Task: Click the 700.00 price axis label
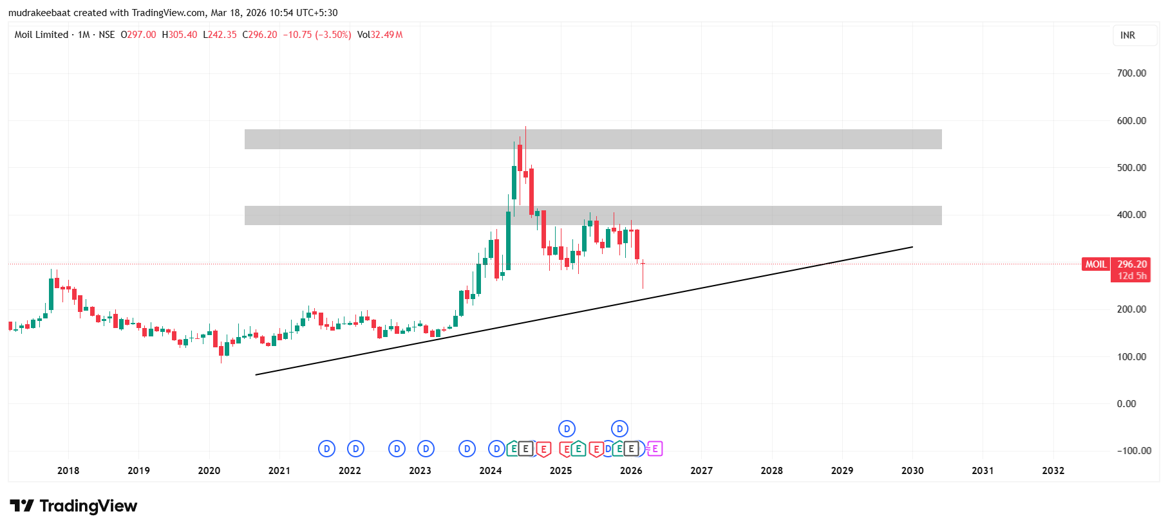pos(1131,73)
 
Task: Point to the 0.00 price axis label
pos(1126,404)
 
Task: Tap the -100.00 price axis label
pos(1134,451)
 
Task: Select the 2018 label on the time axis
pos(68,471)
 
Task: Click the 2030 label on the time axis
pos(912,471)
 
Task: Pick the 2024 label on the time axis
pos(491,471)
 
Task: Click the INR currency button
pos(1127,35)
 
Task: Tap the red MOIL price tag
pos(1096,264)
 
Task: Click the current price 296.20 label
pos(1132,264)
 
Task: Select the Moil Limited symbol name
pos(41,35)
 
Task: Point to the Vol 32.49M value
pos(380,35)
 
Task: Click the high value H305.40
pos(180,35)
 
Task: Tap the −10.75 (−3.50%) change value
pos(317,35)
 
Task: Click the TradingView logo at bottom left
pos(73,506)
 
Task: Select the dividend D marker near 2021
pos(327,448)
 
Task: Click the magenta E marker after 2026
pos(655,448)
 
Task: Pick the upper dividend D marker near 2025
pos(567,428)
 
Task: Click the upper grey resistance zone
pos(592,140)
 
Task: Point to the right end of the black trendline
pos(912,247)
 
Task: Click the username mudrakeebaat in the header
pos(39,13)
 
